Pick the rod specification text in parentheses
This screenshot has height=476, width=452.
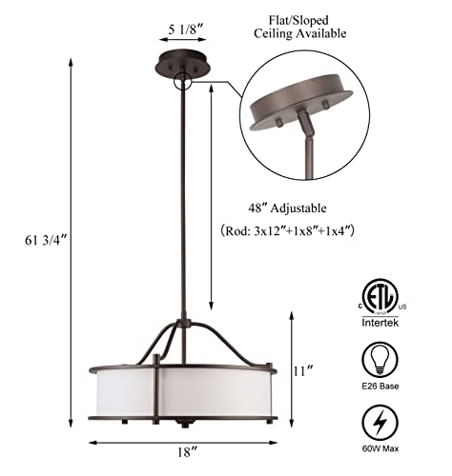(x=290, y=230)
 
